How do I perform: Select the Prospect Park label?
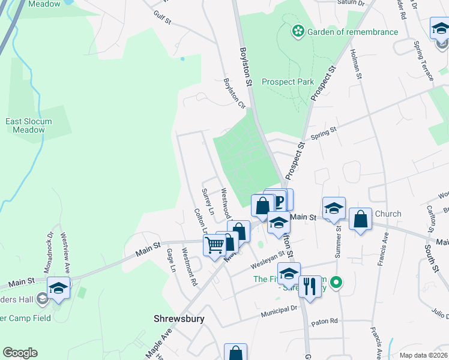(x=288, y=82)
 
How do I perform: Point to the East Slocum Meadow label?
(x=29, y=125)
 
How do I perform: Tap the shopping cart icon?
(x=215, y=245)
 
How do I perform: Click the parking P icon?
(x=277, y=199)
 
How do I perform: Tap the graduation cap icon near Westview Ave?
(x=58, y=287)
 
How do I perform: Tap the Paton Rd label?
(x=325, y=322)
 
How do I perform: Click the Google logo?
(x=20, y=353)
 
